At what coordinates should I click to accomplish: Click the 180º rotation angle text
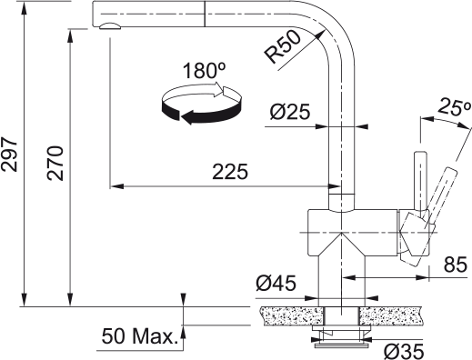[x=201, y=70]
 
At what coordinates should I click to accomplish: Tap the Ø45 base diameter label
[x=276, y=285]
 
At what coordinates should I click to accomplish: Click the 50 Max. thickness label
[x=137, y=337]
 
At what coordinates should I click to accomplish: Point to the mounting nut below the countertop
[x=340, y=342]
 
